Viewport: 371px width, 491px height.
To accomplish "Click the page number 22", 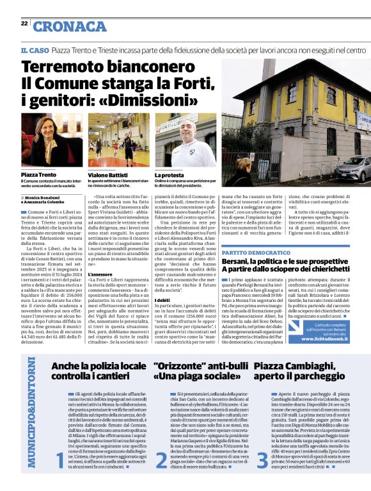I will (24, 23).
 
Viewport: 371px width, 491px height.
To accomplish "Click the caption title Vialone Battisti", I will (108, 174).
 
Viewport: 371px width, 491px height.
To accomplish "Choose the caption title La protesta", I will (169, 174).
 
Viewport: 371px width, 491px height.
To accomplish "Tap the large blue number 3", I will (262, 460).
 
